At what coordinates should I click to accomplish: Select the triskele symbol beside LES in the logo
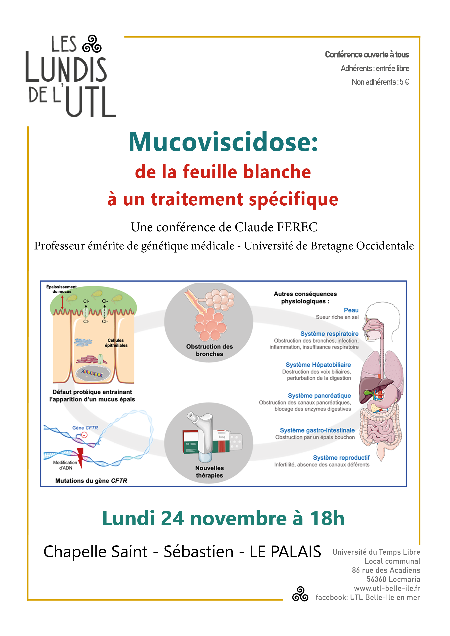[x=92, y=44]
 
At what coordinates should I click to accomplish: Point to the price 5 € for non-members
[x=404, y=82]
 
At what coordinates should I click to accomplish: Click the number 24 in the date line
[x=172, y=518]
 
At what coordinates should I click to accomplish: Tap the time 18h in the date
[x=327, y=518]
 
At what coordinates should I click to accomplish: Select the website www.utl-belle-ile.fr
[x=387, y=588]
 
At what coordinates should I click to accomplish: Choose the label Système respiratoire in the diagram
[x=329, y=334]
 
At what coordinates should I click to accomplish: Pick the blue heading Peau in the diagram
[x=351, y=310]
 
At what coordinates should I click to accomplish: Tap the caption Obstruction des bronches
[x=209, y=350]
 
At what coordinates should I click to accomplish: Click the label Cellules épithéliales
[x=116, y=343]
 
